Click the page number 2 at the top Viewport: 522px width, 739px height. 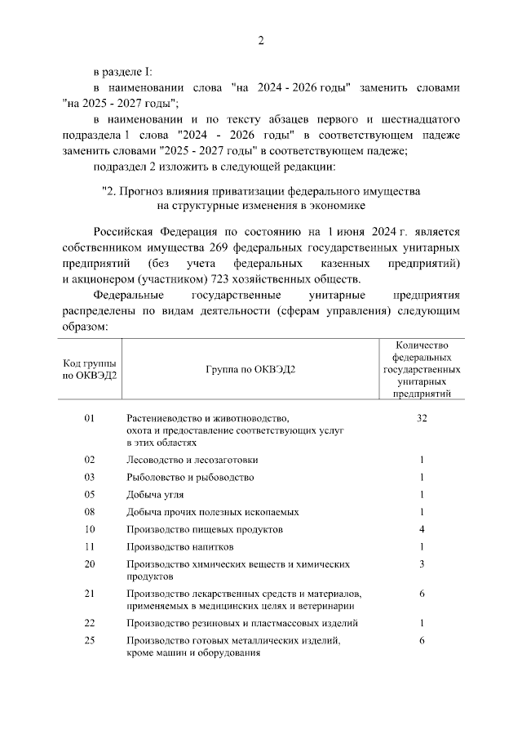[x=260, y=40]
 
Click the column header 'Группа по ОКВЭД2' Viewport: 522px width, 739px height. [x=250, y=369]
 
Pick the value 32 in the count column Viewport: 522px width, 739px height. [x=422, y=418]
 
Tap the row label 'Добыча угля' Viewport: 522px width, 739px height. [x=155, y=495]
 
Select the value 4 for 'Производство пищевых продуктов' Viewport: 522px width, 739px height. [x=422, y=529]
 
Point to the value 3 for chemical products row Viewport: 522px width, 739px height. [x=422, y=564]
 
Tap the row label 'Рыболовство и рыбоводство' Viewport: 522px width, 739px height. [x=190, y=477]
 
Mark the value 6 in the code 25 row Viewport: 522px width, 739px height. [x=422, y=641]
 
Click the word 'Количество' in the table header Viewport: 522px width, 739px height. [x=422, y=346]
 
